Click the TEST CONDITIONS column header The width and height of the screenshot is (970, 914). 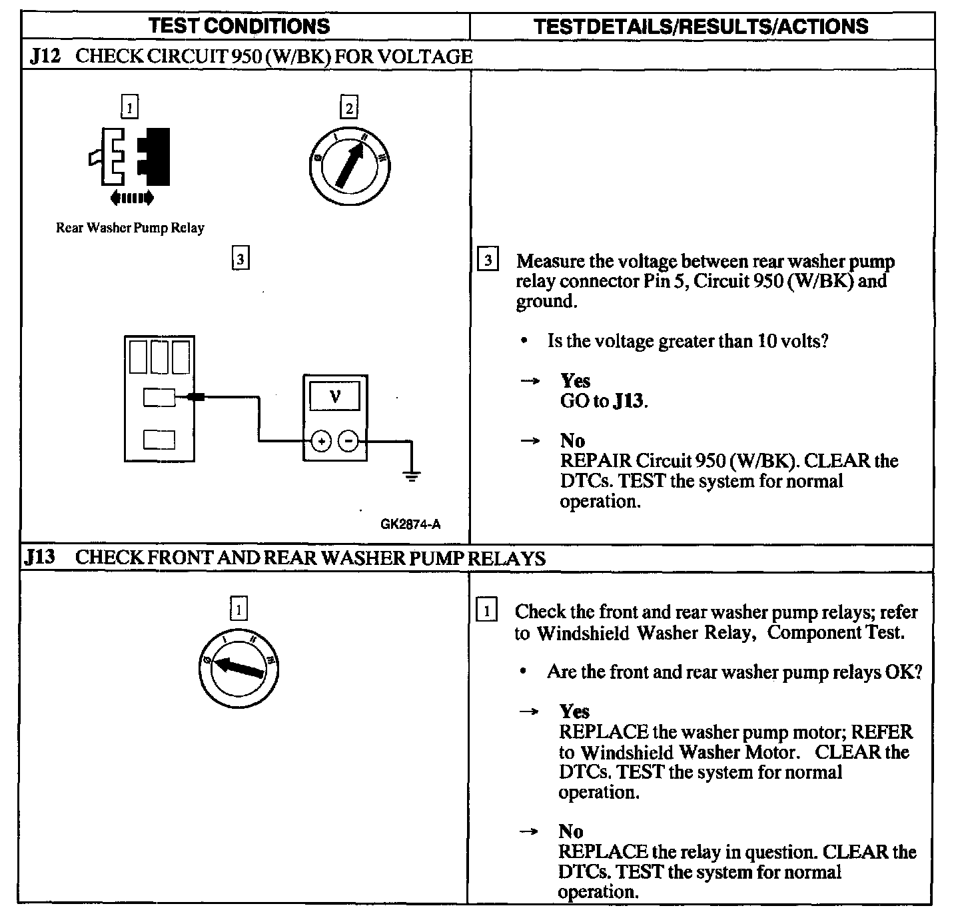click(x=239, y=26)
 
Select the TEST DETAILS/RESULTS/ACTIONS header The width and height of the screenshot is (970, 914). click(x=701, y=26)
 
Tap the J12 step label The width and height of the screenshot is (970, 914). click(x=45, y=56)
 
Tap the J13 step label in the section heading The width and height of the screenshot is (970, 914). click(x=39, y=557)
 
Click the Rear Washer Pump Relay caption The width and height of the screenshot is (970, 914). click(x=130, y=228)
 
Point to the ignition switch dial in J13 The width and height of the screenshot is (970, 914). click(x=239, y=668)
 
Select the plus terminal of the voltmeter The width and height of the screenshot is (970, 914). click(x=321, y=441)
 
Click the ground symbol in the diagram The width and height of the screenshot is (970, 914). click(x=412, y=476)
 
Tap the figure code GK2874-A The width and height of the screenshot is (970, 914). click(x=410, y=524)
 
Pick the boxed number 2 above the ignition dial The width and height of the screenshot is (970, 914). click(x=348, y=107)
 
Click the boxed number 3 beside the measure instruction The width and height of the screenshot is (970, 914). click(x=488, y=260)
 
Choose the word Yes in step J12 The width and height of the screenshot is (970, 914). click(x=575, y=380)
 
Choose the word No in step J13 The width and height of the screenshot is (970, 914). click(x=571, y=831)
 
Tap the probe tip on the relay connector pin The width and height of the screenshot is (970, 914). click(x=196, y=398)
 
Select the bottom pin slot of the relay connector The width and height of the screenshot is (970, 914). click(x=160, y=440)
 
